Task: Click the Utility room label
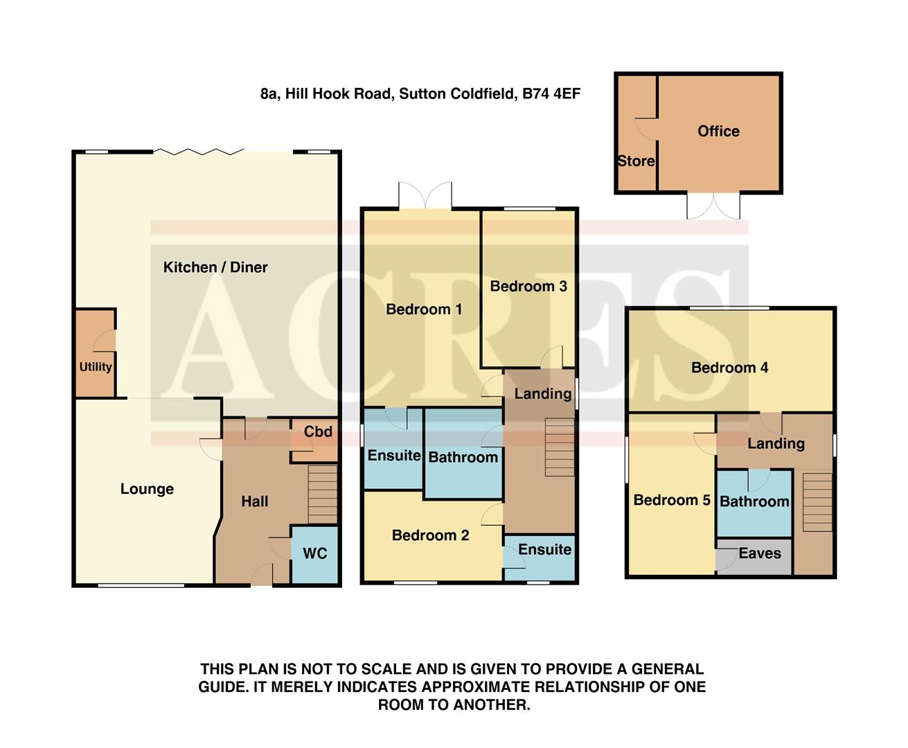pyautogui.click(x=96, y=366)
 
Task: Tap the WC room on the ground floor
pyautogui.click(x=314, y=554)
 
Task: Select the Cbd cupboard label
pyautogui.click(x=318, y=431)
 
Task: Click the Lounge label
pyautogui.click(x=147, y=489)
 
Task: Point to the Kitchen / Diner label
pyautogui.click(x=215, y=267)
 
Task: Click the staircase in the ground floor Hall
pyautogui.click(x=322, y=494)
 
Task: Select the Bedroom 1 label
pyautogui.click(x=424, y=310)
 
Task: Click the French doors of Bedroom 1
pyautogui.click(x=425, y=196)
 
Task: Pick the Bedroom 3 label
pyautogui.click(x=528, y=286)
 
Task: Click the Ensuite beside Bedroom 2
pyautogui.click(x=544, y=550)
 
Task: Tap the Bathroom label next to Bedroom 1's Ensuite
pyautogui.click(x=463, y=457)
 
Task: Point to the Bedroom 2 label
pyautogui.click(x=430, y=535)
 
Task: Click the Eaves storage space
pyautogui.click(x=759, y=553)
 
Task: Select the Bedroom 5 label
pyautogui.click(x=672, y=500)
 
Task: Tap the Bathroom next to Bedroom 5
pyautogui.click(x=754, y=501)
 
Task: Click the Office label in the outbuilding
pyautogui.click(x=718, y=132)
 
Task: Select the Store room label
pyautogui.click(x=636, y=161)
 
